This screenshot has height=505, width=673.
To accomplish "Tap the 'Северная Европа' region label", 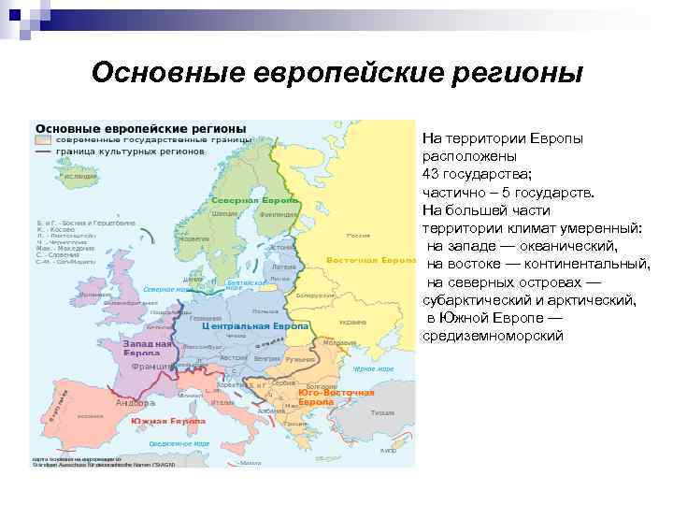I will (x=255, y=201).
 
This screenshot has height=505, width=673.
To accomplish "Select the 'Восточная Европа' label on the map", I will (x=370, y=259).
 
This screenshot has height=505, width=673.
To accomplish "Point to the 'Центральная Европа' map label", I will (x=256, y=326).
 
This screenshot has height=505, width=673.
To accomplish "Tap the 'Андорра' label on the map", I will (x=129, y=403).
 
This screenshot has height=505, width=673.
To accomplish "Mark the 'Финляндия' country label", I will (x=279, y=213).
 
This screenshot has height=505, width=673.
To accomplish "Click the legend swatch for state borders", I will (x=43, y=138).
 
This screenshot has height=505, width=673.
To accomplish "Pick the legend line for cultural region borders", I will (x=43, y=151).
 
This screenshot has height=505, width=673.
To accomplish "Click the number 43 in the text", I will (x=431, y=175).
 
